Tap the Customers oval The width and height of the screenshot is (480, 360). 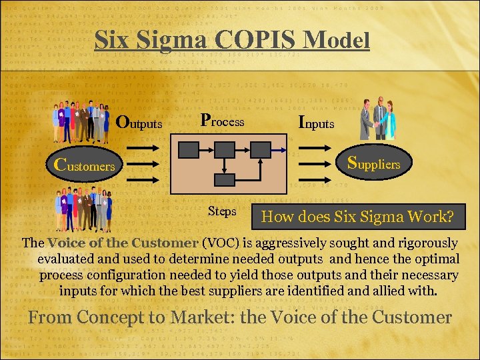tap(85, 165)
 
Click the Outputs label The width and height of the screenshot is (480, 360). tap(139, 123)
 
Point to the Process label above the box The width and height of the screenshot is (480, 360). tap(223, 121)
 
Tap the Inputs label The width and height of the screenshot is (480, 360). tap(316, 123)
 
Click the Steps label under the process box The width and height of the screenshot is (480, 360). tap(222, 211)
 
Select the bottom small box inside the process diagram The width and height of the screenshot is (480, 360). tap(225, 179)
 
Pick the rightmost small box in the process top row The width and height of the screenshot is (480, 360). tap(261, 149)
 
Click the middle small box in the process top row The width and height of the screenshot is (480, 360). tap(225, 149)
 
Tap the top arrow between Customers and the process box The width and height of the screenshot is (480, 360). tap(143, 150)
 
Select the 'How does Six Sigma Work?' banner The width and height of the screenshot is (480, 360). tap(357, 217)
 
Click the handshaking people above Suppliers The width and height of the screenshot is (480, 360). tap(378, 119)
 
